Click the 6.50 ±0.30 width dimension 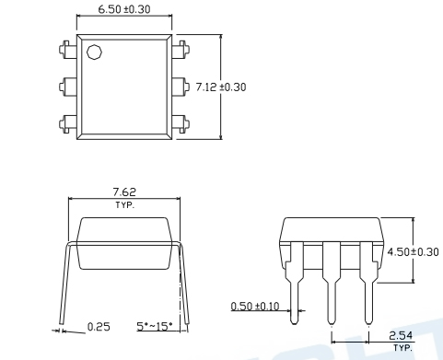click(124, 9)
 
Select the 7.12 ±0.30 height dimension click(221, 87)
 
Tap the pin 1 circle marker click(94, 52)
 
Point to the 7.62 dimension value click(124, 192)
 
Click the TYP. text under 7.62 click(125, 205)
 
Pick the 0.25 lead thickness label click(99, 327)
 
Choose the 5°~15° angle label click(155, 326)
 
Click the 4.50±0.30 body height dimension click(413, 252)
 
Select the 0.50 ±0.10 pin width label click(255, 306)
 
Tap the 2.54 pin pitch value click(401, 336)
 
